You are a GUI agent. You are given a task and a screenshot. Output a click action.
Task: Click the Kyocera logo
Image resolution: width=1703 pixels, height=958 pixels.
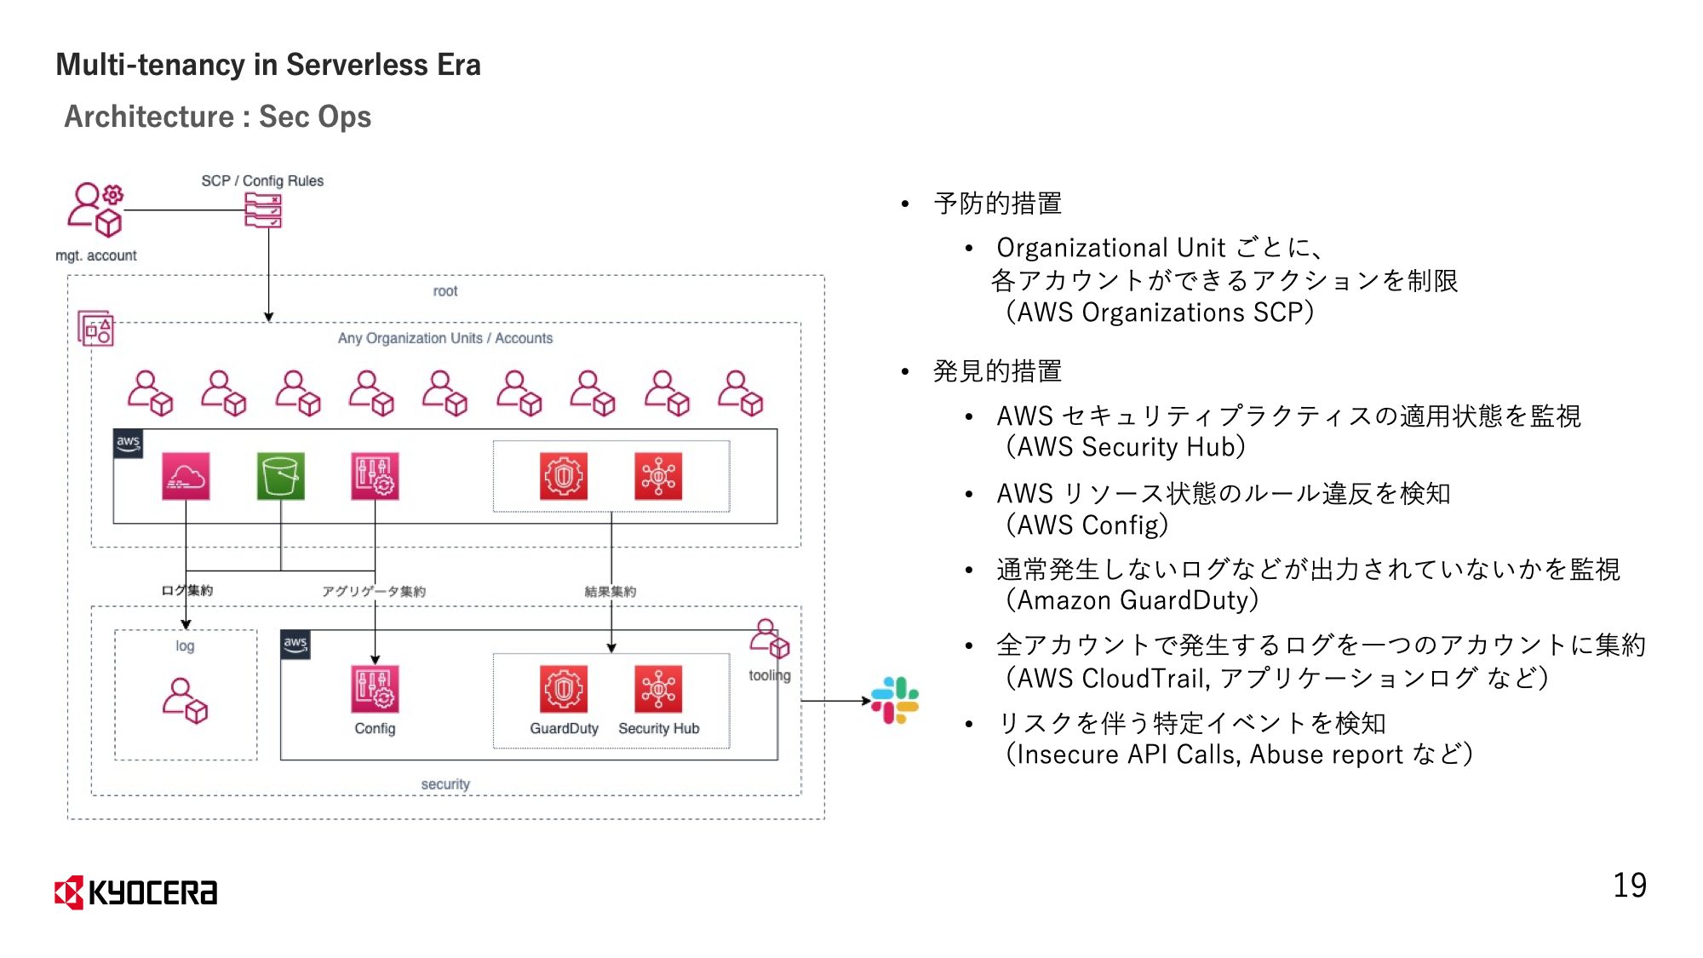pyautogui.click(x=136, y=892)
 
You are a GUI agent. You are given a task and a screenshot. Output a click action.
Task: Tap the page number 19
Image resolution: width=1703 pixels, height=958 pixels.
pyautogui.click(x=1629, y=886)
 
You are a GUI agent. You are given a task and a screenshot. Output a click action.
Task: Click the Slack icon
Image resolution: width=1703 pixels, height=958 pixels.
pyautogui.click(x=895, y=700)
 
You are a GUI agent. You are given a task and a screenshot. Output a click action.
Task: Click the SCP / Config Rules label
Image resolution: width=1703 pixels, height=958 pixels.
pyautogui.click(x=262, y=181)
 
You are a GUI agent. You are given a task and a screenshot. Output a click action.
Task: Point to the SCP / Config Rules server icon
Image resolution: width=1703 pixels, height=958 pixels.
pyautogui.click(x=263, y=210)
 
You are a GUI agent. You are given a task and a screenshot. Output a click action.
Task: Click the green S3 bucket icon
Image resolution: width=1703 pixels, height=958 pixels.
pyautogui.click(x=281, y=476)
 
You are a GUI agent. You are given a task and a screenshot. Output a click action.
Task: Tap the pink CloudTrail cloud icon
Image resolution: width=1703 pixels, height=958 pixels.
pyautogui.click(x=186, y=476)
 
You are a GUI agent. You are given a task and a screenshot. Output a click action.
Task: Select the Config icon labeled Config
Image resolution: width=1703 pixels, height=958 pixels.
pyautogui.click(x=375, y=689)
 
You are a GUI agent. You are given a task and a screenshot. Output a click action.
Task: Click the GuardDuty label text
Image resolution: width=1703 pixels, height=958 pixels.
pyautogui.click(x=564, y=729)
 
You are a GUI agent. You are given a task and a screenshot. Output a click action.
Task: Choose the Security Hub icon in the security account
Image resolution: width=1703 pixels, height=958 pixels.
pyautogui.click(x=658, y=689)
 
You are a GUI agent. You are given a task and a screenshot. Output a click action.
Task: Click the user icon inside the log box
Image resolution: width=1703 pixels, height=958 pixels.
pyautogui.click(x=185, y=700)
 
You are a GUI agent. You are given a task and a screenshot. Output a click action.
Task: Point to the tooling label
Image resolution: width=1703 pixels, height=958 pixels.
pyautogui.click(x=769, y=675)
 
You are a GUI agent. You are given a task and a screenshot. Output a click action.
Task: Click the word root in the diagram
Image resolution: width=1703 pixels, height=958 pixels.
pyautogui.click(x=444, y=291)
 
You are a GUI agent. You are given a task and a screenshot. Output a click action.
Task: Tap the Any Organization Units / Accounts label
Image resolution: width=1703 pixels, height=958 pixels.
pyautogui.click(x=444, y=338)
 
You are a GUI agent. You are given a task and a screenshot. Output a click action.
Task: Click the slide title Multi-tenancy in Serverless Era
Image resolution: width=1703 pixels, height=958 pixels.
pyautogui.click(x=268, y=65)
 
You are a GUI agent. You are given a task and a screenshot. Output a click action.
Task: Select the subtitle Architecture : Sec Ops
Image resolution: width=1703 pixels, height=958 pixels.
pyautogui.click(x=218, y=117)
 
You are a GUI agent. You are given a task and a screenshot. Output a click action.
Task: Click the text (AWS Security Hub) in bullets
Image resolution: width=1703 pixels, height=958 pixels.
pyautogui.click(x=1125, y=447)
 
